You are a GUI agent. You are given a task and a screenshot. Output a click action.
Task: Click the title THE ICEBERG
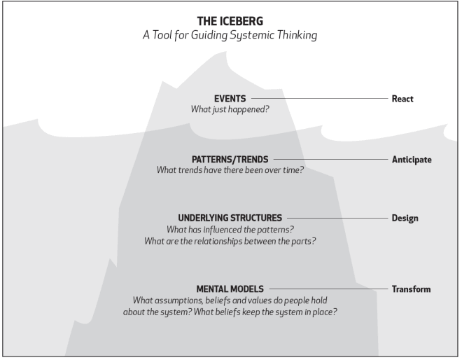coord(230,21)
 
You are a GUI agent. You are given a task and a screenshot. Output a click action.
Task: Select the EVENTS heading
coord(230,99)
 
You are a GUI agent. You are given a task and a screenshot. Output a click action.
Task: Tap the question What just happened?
coord(230,109)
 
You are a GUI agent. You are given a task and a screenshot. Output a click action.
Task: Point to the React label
coord(402,99)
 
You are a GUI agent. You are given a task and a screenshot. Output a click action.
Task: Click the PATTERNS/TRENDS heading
coord(230,160)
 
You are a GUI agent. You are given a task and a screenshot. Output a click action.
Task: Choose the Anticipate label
coord(412,160)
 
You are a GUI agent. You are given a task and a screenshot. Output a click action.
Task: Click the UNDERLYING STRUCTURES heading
coord(230,218)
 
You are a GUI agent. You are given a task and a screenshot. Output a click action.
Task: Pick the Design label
coord(405,219)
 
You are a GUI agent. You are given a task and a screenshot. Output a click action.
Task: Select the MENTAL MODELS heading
coord(230,289)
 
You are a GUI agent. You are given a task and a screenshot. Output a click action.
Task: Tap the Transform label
coord(411,289)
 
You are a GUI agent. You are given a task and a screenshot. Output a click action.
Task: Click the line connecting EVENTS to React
coord(320,99)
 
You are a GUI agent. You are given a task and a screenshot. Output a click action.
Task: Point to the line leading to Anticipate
coord(331,160)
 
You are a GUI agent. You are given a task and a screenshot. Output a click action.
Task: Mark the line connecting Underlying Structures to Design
coord(337,219)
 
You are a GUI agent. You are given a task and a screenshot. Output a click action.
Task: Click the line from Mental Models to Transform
coord(329,289)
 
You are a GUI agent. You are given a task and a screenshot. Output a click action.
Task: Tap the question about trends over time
coord(230,170)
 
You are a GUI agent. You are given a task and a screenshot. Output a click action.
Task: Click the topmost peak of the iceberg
coord(225,52)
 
